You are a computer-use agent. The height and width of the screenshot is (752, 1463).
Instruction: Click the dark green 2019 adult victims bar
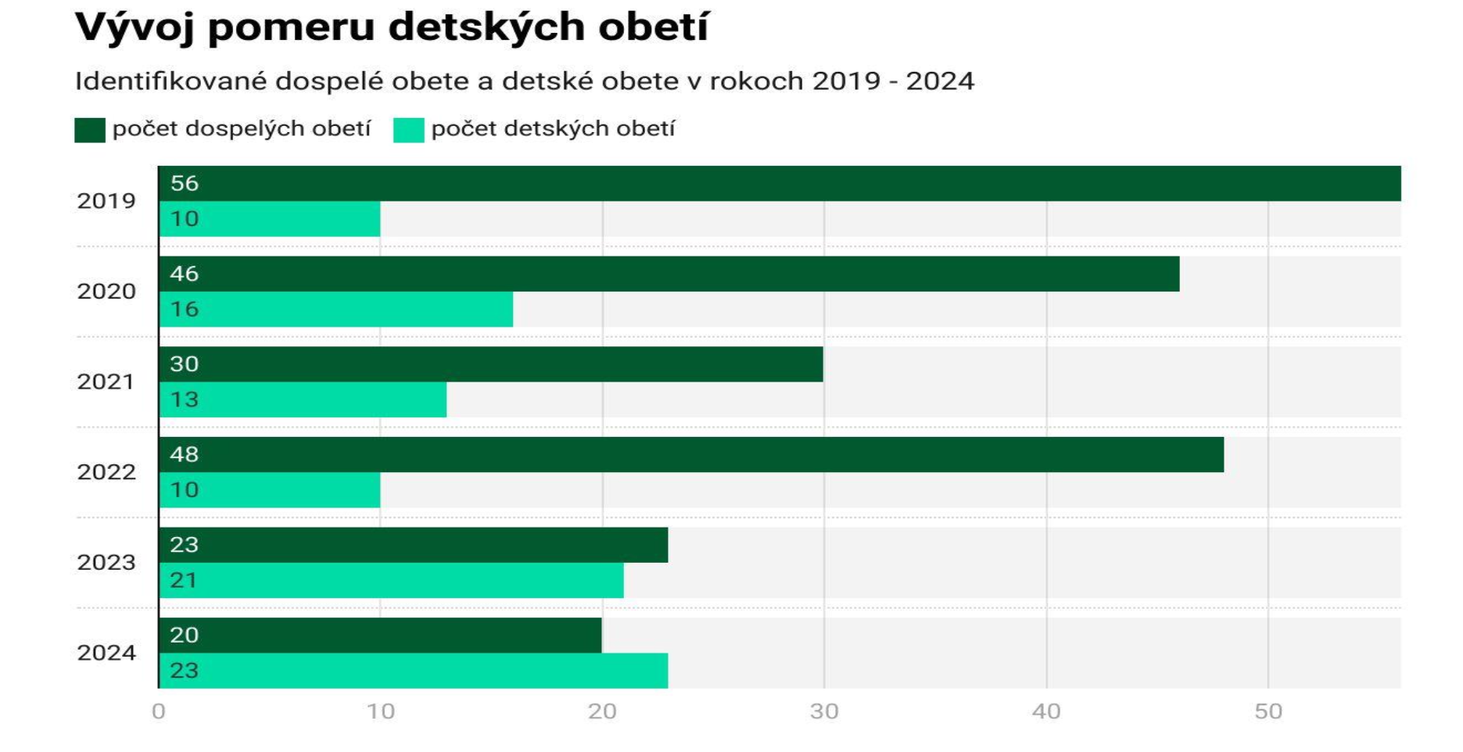[779, 183]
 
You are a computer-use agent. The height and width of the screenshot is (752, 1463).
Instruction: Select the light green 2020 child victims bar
[336, 310]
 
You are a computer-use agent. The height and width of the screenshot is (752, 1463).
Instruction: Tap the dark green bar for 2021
[490, 364]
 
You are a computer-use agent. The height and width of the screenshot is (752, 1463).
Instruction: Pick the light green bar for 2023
[391, 581]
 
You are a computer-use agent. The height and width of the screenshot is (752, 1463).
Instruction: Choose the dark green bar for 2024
[380, 635]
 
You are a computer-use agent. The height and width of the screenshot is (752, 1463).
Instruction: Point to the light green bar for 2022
[270, 490]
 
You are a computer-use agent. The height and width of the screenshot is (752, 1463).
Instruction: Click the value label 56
[185, 183]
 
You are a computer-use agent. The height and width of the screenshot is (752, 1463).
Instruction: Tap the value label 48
[185, 454]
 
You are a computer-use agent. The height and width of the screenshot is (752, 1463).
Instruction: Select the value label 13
[185, 400]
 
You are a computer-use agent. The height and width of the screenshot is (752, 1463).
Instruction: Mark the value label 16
[185, 310]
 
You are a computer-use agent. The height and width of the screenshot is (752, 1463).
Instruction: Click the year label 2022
[106, 472]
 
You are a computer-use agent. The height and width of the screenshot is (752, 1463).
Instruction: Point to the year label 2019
[106, 201]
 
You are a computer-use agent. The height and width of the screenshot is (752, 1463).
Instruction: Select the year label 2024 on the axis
[106, 653]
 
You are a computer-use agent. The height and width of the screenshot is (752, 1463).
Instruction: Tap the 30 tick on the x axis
[824, 711]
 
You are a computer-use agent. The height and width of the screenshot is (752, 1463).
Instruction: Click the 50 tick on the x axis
[1268, 711]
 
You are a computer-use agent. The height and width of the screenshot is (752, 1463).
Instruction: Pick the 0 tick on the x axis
[159, 711]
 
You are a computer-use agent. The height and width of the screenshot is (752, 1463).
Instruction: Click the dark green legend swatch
[90, 130]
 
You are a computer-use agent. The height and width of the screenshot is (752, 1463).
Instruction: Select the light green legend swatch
[408, 130]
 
